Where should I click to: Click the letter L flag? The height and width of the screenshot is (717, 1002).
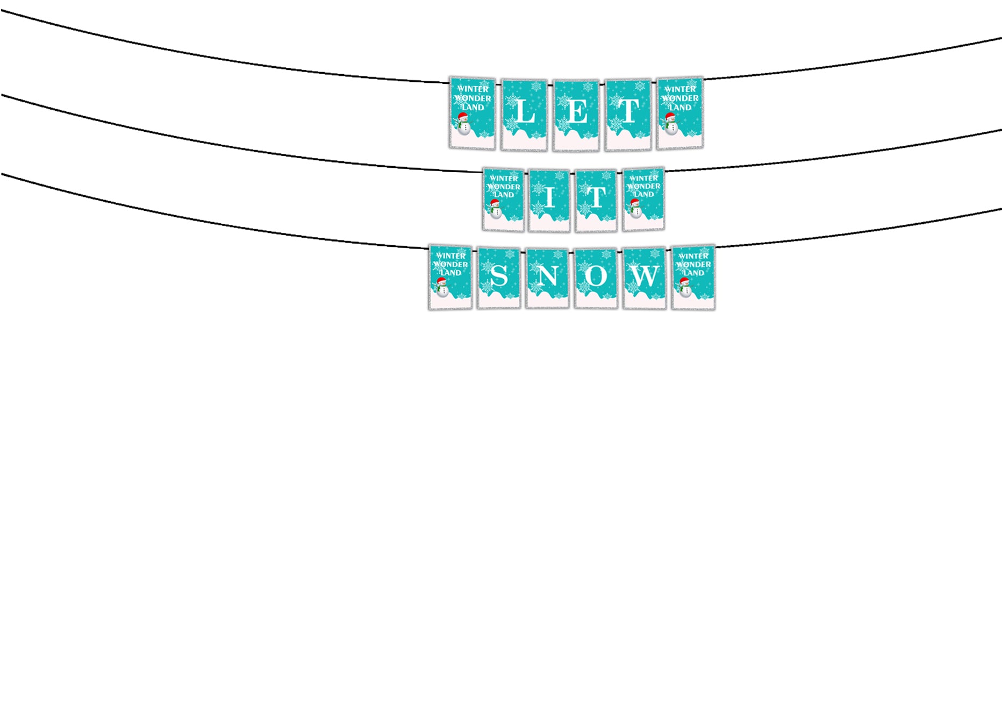pos(524,115)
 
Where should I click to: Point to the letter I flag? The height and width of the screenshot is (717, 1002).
pos(549,201)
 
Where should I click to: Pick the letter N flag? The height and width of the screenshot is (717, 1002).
pos(547,278)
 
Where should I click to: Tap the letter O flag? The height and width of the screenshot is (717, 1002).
pos(596,278)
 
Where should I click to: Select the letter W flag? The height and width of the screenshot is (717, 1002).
pos(645,278)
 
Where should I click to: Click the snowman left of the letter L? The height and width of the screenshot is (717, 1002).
pos(463,124)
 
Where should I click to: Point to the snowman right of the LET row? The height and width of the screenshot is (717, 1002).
pos(670,124)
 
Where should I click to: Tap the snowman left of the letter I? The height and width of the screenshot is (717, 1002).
pos(495,209)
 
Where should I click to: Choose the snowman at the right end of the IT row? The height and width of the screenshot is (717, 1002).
pos(635,208)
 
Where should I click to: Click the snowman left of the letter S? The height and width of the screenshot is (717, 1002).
pos(442,287)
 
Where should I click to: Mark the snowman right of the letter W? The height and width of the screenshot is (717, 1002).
pos(684,287)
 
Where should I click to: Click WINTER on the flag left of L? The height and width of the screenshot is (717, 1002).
pos(473,89)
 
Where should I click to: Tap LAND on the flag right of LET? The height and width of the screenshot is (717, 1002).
pos(680,108)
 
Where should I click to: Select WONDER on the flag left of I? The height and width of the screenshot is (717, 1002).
pos(504,187)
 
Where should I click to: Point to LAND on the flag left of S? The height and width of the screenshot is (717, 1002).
pos(450,273)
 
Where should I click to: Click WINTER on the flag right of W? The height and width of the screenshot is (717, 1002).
pos(693,256)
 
